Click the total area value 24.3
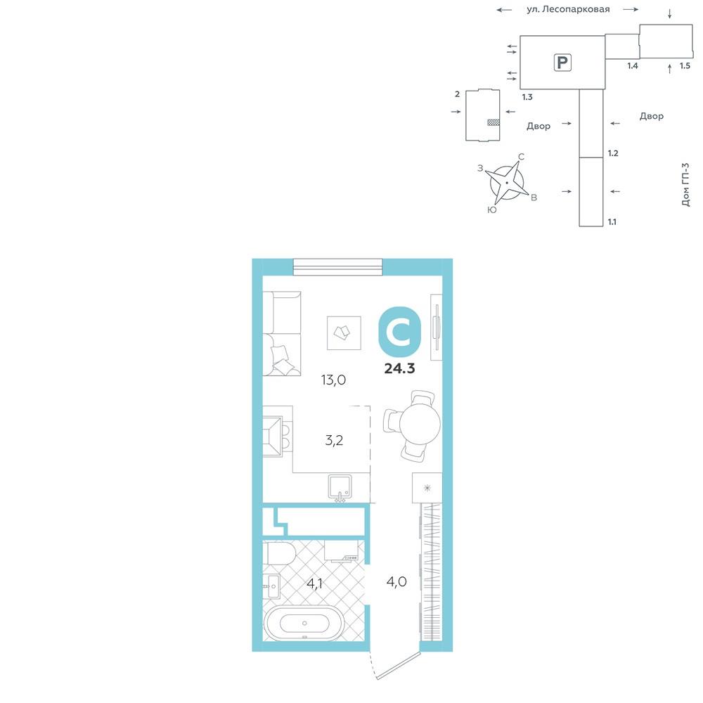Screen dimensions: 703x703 399,368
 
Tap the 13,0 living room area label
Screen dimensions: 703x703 333,380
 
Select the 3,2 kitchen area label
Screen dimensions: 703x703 334,440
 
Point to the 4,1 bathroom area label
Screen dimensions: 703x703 314,583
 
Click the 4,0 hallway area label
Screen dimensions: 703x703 396,582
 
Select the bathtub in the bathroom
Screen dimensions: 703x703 304,623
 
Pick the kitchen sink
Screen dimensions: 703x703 340,487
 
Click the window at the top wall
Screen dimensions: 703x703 337,267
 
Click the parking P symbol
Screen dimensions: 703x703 562,63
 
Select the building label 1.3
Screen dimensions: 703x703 527,97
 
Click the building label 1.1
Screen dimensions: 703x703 612,222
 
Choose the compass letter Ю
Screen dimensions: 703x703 492,209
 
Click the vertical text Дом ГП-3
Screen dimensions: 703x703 685,184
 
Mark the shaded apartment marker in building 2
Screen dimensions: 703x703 494,122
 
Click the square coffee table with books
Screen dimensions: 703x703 344,333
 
